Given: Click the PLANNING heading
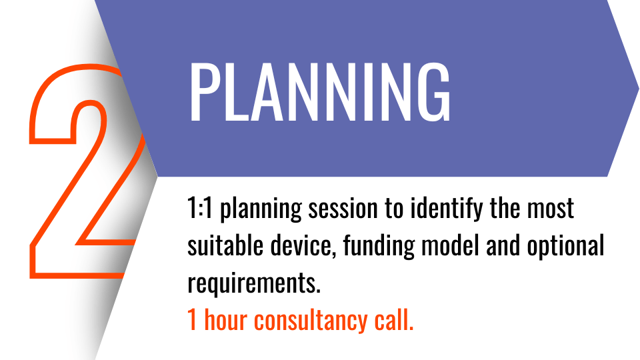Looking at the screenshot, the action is coord(319,92).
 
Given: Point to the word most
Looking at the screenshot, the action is coord(551,208).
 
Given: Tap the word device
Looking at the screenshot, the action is coord(303,246).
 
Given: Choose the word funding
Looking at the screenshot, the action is coord(379,247).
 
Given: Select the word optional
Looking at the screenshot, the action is coord(565,247).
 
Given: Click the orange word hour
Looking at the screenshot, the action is coord(225,319).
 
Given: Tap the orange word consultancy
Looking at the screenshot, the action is coord(311,321).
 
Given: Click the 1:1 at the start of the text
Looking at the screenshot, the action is coord(200,208).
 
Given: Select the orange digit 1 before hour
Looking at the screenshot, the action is coord(192,320).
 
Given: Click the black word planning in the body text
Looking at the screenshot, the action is coord(261,209).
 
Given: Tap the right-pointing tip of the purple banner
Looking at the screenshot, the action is coord(638,87).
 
